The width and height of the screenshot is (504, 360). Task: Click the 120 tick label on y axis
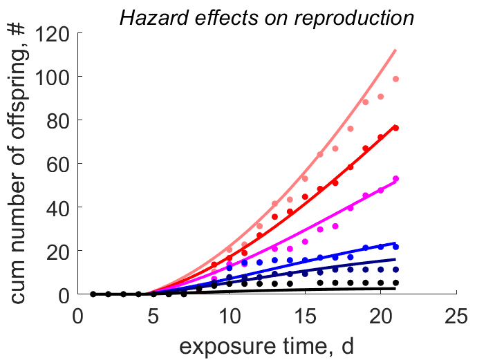(x=52, y=34)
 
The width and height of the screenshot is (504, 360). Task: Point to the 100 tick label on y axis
(x=52, y=77)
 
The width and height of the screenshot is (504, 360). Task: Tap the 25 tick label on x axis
(x=456, y=316)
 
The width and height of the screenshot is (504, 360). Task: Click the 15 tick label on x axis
(x=305, y=316)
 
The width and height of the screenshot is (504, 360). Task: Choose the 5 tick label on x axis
(x=153, y=316)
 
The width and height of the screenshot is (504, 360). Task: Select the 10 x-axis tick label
(x=230, y=316)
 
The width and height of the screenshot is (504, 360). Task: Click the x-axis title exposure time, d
(x=266, y=346)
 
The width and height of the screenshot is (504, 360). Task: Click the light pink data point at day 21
(x=395, y=79)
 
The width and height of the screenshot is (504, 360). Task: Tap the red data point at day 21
(x=395, y=128)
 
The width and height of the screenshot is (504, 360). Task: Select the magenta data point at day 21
(x=395, y=178)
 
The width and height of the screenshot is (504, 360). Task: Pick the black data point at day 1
(x=93, y=294)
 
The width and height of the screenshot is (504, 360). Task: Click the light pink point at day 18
(x=351, y=129)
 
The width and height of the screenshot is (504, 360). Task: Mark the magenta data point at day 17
(x=335, y=227)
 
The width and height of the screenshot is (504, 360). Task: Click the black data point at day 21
(x=395, y=283)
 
